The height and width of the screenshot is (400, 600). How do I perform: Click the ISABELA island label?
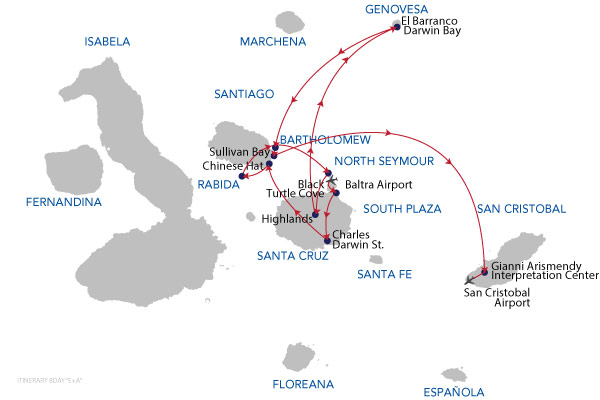point(108,42)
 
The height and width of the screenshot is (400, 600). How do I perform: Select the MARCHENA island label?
point(270,42)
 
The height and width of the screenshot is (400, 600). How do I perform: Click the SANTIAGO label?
point(244,94)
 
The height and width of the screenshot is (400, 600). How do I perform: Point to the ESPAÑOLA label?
point(454,392)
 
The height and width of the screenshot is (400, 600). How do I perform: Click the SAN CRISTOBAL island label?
point(522,209)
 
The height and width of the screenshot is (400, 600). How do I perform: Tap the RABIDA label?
point(219,185)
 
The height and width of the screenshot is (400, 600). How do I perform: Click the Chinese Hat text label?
point(232,165)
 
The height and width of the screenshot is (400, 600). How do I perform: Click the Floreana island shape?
point(298,356)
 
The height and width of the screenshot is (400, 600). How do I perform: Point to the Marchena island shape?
point(286,20)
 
